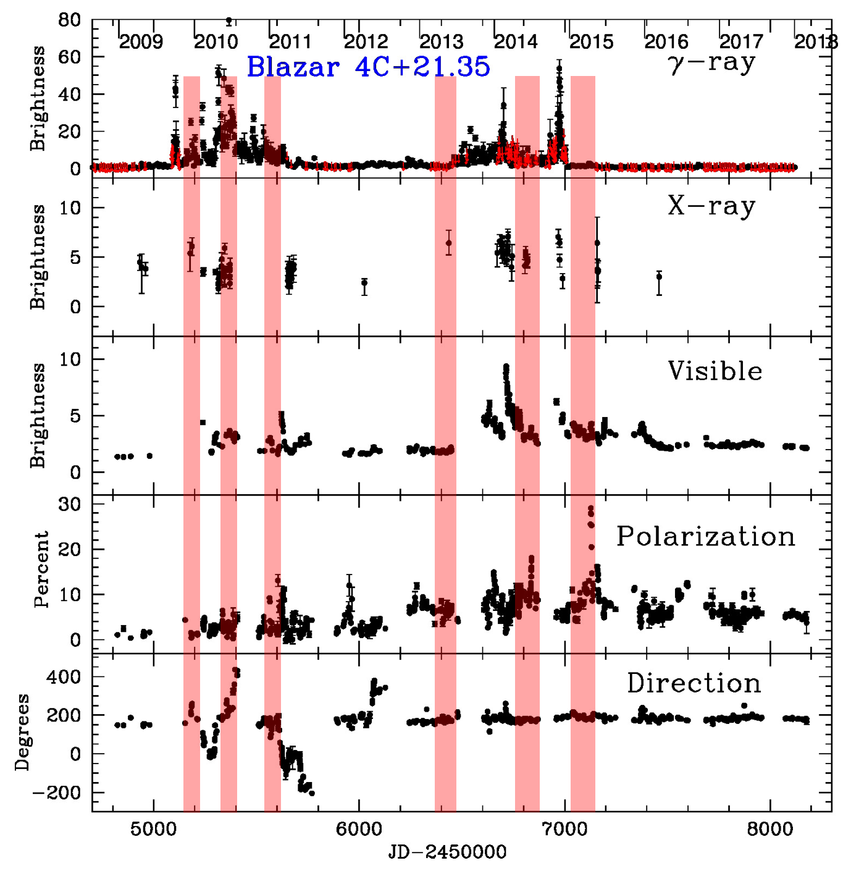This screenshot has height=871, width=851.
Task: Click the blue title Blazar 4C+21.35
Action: pos(368,67)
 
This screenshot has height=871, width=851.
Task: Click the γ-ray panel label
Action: pos(711,63)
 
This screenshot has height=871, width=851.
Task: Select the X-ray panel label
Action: pos(711,206)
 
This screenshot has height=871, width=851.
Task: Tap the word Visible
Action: pos(715,371)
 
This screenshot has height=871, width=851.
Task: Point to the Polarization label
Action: pos(706,536)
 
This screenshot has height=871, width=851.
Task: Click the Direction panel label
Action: pos(694,683)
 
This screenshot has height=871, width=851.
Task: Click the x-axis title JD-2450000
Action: pos(447,853)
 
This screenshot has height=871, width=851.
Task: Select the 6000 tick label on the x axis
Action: pos(359,829)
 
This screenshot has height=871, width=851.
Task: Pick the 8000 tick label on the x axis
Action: pos(770,829)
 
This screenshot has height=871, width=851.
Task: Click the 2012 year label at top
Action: pos(366,42)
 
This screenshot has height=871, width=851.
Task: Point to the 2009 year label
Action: pos(141,42)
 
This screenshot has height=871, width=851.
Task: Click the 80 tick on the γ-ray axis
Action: pos(70,20)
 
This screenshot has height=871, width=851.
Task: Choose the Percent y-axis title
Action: pos(42,569)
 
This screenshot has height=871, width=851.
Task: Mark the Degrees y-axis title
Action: pos(22,732)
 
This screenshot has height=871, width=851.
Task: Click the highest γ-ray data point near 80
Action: pos(229,21)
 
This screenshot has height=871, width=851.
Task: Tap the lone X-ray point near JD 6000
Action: pos(364,284)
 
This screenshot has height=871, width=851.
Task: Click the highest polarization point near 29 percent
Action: pos(590,509)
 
